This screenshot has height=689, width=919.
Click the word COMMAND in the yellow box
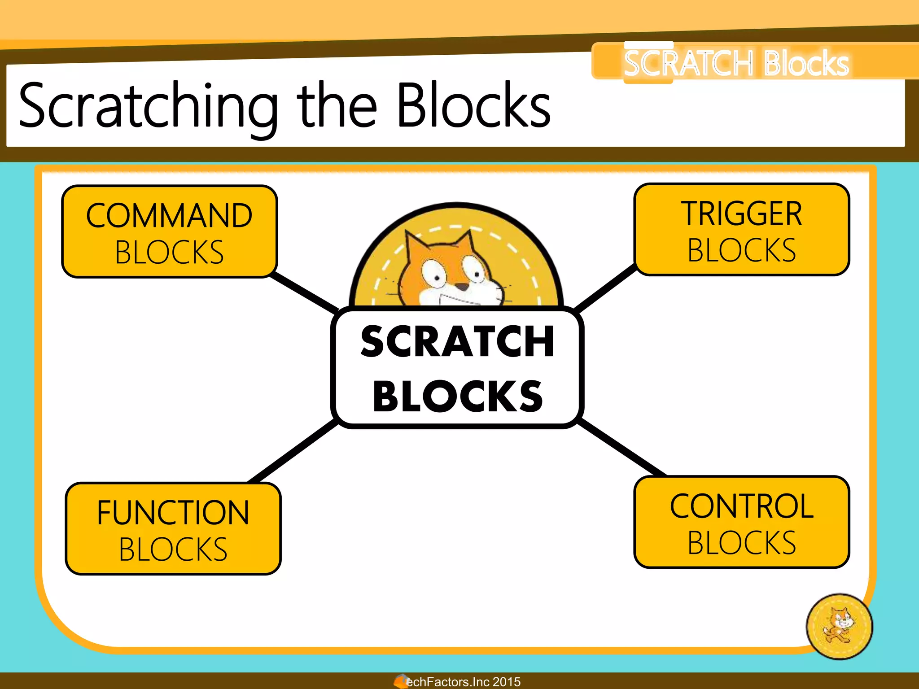tap(169, 216)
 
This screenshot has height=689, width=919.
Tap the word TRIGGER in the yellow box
tap(741, 214)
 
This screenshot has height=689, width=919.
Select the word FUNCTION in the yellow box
tap(173, 513)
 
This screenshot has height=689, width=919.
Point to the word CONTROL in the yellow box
tap(741, 506)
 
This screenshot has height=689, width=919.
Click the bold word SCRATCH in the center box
tap(457, 342)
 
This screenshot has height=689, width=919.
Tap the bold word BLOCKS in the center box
tap(457, 397)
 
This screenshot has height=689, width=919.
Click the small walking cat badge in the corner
tap(839, 626)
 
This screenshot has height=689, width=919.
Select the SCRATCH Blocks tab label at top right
tap(736, 63)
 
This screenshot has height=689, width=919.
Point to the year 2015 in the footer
tap(507, 682)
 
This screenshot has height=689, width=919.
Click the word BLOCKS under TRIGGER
tap(741, 250)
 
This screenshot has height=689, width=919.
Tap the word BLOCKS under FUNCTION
tap(173, 549)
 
